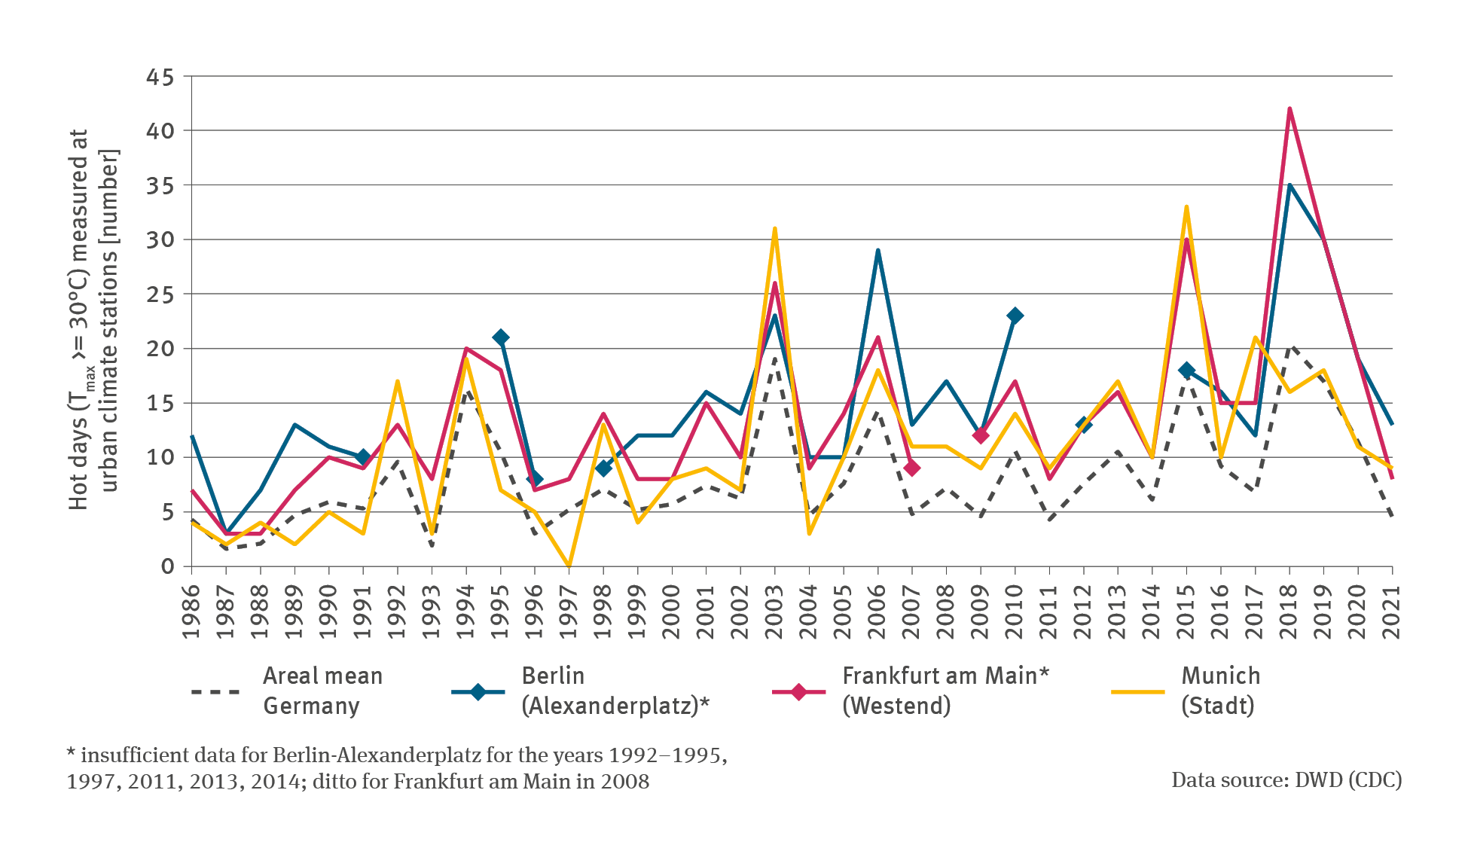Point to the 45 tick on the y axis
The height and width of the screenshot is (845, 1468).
[x=160, y=77]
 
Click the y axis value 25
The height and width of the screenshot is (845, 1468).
[x=160, y=294]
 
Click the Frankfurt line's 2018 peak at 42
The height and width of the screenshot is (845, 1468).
[x=1289, y=109]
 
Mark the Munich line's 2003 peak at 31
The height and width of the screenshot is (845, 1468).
[x=775, y=229]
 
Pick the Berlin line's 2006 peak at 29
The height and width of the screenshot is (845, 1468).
[x=878, y=251]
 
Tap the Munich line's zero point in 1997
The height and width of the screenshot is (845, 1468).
[x=569, y=566]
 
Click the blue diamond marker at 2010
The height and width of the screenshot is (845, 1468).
[x=1015, y=316]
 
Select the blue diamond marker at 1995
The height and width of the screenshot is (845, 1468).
[x=501, y=337]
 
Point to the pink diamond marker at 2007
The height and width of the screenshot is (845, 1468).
[x=912, y=468]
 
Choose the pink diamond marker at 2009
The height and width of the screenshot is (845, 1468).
[x=981, y=435]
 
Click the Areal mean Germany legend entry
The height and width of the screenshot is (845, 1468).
[x=322, y=691]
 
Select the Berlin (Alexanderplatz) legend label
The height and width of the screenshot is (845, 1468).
[x=615, y=691]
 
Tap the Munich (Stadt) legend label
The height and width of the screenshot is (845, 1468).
[x=1220, y=691]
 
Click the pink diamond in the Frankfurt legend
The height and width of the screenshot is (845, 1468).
[x=799, y=691]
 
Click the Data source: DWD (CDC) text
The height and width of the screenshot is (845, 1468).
[x=1286, y=780]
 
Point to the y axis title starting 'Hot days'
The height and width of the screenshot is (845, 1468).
[x=93, y=320]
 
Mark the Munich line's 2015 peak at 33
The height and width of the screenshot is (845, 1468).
[x=1186, y=207]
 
